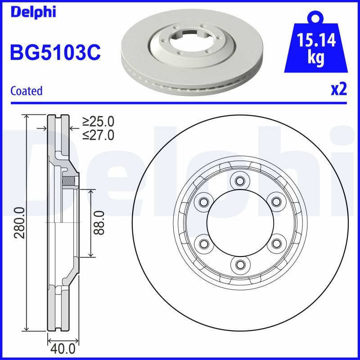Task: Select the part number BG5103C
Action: [55, 53]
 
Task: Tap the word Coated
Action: [27, 91]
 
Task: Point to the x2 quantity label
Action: [338, 90]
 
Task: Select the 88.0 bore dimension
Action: [99, 223]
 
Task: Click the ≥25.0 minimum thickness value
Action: [98, 121]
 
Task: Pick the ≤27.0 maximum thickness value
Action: [98, 135]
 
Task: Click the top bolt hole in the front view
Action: [239, 181]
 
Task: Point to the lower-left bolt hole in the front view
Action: [203, 243]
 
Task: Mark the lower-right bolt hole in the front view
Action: [274, 243]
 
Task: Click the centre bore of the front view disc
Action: [239, 222]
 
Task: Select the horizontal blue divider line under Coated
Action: [180, 103]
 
